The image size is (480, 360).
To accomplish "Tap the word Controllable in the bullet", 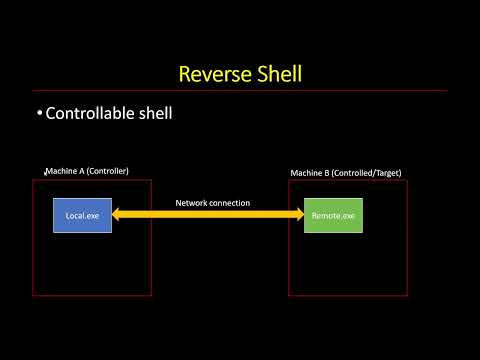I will pyautogui.click(x=94, y=114).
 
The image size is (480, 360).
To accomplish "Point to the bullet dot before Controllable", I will pyautogui.click(x=39, y=114).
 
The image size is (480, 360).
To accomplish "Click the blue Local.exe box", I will pyautogui.click(x=82, y=215).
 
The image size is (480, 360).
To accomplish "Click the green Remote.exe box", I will pyautogui.click(x=333, y=215).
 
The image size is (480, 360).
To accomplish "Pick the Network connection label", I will pyautogui.click(x=212, y=203).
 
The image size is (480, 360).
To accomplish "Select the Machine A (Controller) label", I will pyautogui.click(x=87, y=171).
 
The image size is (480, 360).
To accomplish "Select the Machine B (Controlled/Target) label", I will pyautogui.click(x=345, y=173).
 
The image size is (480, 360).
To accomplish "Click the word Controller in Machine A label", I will pyautogui.click(x=108, y=171).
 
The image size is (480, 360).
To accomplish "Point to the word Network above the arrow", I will pyautogui.click(x=192, y=203).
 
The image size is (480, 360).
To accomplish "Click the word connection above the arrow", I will pyautogui.click(x=230, y=203).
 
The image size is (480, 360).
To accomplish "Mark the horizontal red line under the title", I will pyautogui.click(x=240, y=91).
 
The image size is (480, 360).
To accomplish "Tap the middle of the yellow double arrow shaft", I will pyautogui.click(x=208, y=215).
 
